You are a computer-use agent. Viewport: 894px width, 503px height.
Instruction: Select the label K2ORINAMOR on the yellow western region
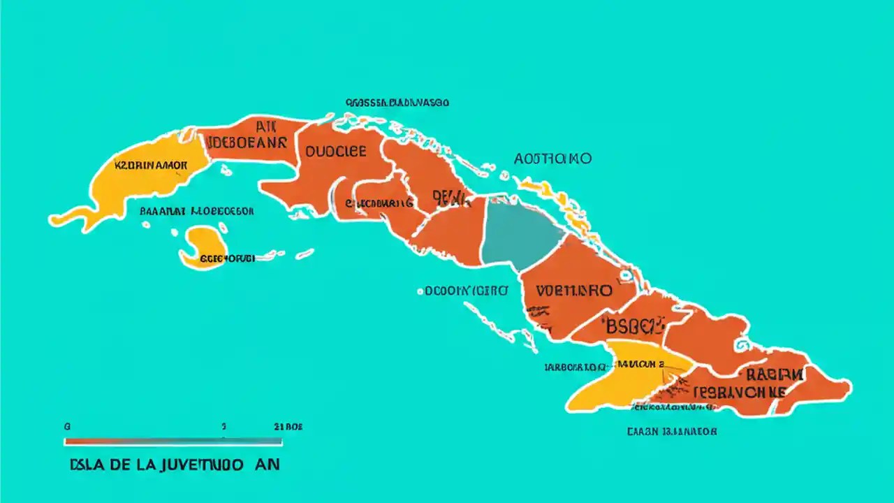coord(151,166)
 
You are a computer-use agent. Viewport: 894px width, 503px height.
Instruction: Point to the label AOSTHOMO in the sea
coord(552,159)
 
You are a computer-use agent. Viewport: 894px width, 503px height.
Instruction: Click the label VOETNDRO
coord(574,290)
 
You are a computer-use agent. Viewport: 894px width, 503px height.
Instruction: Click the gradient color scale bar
coord(173,442)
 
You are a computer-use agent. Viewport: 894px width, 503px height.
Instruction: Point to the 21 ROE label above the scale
coord(288,426)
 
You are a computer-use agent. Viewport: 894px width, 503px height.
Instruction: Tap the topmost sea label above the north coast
coord(397,103)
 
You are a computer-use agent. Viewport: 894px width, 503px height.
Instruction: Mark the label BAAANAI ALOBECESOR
coord(197,210)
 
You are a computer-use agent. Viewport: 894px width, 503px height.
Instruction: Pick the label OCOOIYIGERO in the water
coord(462,291)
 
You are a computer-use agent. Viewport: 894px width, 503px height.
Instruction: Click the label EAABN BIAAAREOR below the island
coord(671,431)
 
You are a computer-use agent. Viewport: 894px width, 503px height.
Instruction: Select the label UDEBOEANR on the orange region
coord(247,143)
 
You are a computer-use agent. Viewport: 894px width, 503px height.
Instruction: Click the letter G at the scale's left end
coord(67,426)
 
